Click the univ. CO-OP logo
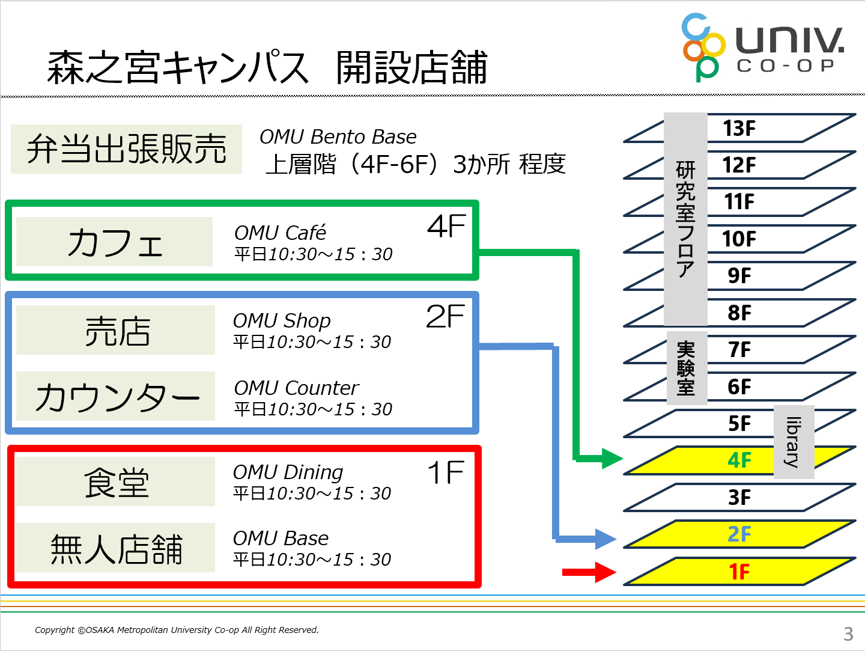763,47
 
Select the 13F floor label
739,128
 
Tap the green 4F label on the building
739,460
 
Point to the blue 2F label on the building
739,534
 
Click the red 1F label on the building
739,572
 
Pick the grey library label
794,442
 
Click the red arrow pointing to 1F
589,572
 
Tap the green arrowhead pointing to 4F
612,459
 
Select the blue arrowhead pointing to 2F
605,539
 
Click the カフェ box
114,242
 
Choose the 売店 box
115,330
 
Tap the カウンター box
115,396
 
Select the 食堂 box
115,481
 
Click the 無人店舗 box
115,548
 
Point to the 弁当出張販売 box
126,149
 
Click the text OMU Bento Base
338,137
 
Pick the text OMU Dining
288,472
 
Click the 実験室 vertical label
687,368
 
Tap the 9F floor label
739,276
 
